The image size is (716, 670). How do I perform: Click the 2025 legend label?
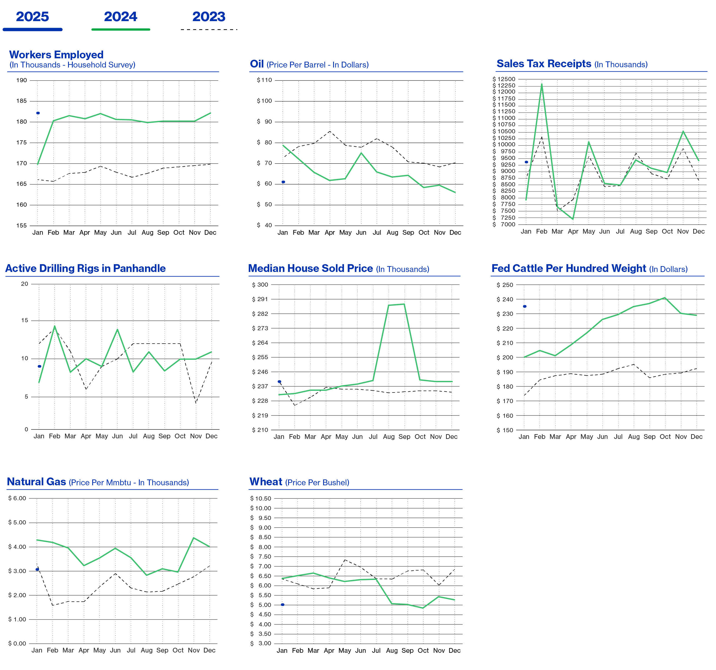(33, 17)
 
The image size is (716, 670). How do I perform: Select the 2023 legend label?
(209, 17)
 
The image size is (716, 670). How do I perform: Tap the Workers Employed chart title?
(56, 55)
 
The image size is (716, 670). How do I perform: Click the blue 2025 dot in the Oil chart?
(283, 182)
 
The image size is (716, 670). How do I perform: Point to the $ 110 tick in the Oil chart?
(264, 80)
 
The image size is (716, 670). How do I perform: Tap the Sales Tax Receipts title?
(543, 64)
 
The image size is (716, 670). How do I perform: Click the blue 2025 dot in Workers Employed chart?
(38, 113)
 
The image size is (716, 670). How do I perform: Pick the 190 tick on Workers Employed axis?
(22, 80)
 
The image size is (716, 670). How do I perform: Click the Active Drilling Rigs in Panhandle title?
(85, 268)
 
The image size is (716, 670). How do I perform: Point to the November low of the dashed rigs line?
(196, 403)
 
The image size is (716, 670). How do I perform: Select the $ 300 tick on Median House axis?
(260, 285)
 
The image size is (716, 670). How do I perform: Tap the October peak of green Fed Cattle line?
(665, 298)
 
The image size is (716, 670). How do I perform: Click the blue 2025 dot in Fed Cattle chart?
(525, 306)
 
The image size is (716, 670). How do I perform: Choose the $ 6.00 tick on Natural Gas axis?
(17, 498)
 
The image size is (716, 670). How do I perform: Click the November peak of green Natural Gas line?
(194, 538)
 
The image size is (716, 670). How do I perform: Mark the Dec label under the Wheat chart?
(455, 651)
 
